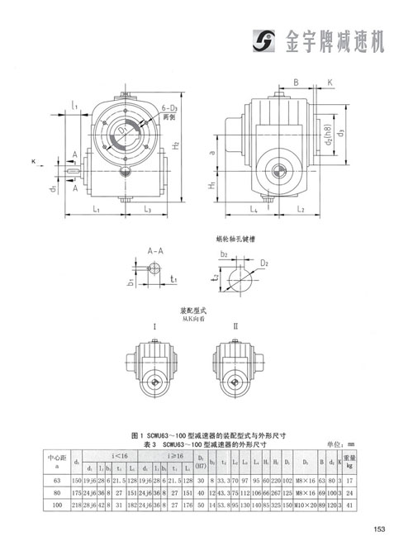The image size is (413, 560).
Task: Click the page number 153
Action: (379, 529)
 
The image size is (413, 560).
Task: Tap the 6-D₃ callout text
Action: (172, 108)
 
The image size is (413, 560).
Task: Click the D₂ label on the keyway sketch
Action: (264, 263)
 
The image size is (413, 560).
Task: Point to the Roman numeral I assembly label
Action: (154, 327)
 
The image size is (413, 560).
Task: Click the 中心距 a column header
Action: (57, 459)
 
